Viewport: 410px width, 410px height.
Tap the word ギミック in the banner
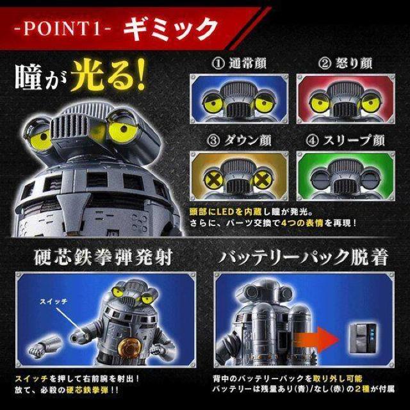click(x=170, y=29)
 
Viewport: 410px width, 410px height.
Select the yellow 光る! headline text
click(x=108, y=76)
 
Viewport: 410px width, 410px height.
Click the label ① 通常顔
click(x=239, y=63)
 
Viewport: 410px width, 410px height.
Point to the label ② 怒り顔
click(x=345, y=63)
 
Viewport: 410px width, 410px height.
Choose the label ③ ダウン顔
click(x=239, y=141)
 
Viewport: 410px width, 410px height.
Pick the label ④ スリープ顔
click(x=346, y=141)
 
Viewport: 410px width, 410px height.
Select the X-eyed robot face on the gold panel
click(x=239, y=178)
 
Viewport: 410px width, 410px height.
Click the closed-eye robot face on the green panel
click(x=346, y=178)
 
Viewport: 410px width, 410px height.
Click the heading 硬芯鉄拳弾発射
click(x=104, y=257)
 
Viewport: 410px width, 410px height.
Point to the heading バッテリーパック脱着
click(x=303, y=257)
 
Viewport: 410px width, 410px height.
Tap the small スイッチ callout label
click(x=54, y=302)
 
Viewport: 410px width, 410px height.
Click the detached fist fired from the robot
click(x=44, y=346)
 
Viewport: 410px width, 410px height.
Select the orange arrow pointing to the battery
click(x=316, y=340)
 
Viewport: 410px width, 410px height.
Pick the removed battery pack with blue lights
click(x=363, y=338)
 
